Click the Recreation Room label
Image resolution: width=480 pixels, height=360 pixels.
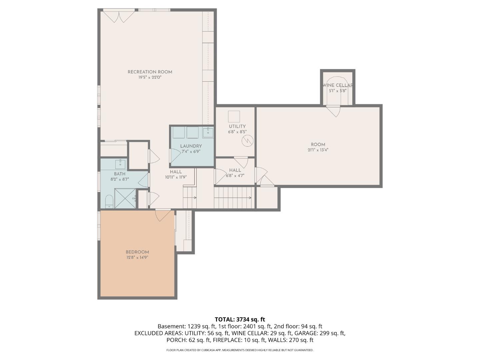(150, 72)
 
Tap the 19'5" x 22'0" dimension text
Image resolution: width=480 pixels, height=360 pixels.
(150, 77)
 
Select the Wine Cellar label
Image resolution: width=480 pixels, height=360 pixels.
(338, 85)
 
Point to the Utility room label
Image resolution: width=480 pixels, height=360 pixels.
(237, 126)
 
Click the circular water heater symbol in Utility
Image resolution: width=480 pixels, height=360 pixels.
(247, 141)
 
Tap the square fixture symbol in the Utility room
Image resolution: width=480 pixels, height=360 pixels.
(234, 116)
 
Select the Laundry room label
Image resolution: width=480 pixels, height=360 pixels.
(191, 146)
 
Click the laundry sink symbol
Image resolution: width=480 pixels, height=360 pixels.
(208, 132)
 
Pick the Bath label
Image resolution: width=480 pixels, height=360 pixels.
(120, 174)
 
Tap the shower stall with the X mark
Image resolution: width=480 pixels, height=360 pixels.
(125, 198)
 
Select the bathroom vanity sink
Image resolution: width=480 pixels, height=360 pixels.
(120, 164)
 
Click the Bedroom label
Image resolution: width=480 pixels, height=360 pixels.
(137, 252)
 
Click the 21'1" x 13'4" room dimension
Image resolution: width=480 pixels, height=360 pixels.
(318, 150)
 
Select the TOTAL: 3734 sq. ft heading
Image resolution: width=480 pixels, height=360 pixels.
(240, 319)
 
